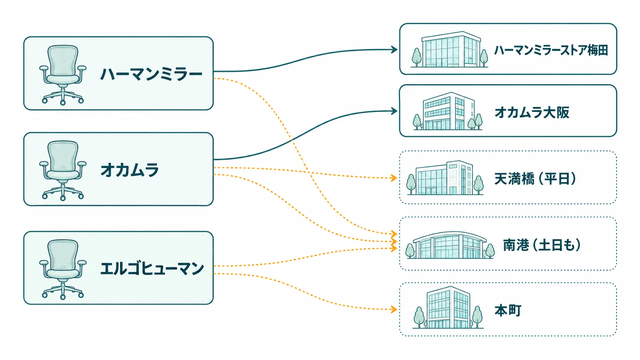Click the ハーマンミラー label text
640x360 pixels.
151,74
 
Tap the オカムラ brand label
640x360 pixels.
129,170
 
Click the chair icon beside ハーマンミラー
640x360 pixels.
63,75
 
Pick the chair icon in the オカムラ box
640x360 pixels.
63,171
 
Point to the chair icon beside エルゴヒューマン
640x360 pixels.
63,269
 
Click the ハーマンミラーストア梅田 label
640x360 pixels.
551,50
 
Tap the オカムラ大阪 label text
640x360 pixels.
532,112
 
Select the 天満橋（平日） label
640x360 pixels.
535,179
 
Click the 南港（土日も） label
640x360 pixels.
542,245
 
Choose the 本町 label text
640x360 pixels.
508,310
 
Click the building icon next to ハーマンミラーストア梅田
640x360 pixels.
449,49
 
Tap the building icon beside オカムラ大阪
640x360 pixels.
448,111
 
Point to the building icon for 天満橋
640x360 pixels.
445,178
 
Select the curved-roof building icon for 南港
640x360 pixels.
450,245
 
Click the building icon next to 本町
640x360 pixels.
448,308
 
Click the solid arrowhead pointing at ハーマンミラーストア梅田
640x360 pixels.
394,50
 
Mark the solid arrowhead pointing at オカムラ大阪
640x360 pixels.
394,111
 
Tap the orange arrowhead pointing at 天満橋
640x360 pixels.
394,178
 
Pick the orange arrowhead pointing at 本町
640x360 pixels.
394,309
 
